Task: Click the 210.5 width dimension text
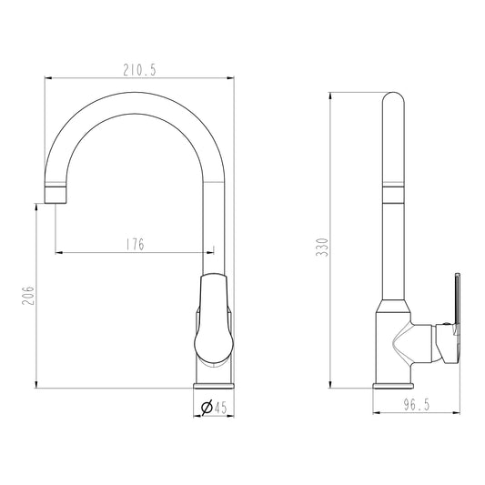138,70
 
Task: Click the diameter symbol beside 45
207,408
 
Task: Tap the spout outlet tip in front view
56,196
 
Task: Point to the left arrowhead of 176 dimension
59,250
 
